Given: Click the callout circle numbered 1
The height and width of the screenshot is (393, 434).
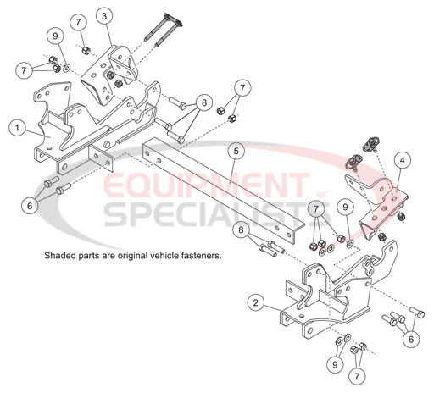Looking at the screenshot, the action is click(17, 128).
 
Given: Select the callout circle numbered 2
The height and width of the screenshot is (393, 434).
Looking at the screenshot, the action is click(256, 302).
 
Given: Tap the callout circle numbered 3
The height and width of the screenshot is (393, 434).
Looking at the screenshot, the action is click(104, 16).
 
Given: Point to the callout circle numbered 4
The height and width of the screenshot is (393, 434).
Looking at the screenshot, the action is click(402, 160).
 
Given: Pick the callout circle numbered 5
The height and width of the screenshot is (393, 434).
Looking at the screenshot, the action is click(236, 151).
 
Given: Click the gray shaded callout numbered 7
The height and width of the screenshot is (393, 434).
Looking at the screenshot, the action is click(316, 209).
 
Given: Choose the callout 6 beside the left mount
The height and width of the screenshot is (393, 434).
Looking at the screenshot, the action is click(30, 206).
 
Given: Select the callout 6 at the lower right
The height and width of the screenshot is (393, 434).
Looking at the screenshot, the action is click(411, 339).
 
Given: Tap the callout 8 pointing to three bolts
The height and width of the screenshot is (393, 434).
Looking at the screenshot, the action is click(204, 102).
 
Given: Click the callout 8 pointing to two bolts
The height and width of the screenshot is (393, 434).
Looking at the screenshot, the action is click(241, 230).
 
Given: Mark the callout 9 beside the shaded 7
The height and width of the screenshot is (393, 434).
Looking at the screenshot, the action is click(345, 207).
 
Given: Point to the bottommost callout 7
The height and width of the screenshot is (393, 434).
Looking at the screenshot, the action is click(357, 376).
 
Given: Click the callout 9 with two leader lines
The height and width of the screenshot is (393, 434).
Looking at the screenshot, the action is click(335, 364).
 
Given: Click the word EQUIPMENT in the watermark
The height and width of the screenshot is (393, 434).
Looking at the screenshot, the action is click(207, 185).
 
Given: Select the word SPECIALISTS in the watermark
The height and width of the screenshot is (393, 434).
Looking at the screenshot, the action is click(218, 214).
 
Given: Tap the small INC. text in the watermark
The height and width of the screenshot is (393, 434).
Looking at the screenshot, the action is click(324, 195).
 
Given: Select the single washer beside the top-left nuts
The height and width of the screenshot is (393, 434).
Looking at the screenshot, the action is click(67, 68).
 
